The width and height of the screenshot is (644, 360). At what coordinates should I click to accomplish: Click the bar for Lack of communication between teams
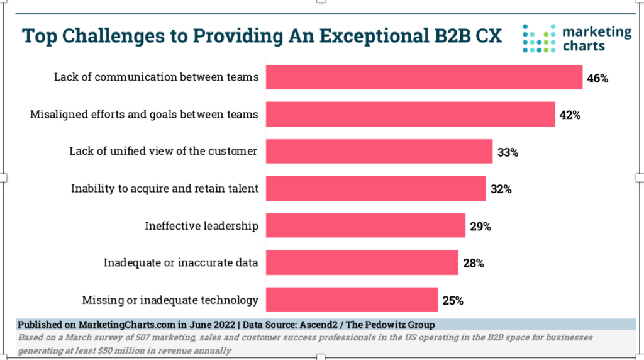(x=424, y=77)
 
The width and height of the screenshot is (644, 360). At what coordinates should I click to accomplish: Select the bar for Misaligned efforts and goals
(x=410, y=114)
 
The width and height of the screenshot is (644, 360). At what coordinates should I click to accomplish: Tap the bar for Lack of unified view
(x=379, y=151)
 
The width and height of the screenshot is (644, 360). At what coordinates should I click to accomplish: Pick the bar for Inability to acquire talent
(x=375, y=188)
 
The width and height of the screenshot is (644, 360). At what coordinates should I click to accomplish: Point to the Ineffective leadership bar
(x=365, y=225)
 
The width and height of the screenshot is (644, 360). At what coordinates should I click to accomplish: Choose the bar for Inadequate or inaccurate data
(x=362, y=262)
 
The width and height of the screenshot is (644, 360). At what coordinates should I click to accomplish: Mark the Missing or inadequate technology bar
(x=352, y=300)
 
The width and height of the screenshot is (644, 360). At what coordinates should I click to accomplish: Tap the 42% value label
(x=569, y=115)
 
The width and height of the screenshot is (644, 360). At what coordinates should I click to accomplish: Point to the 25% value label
(x=452, y=301)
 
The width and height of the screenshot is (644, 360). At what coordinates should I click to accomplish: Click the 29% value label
(x=479, y=227)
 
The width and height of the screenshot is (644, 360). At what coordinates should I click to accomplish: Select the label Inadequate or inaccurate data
(x=180, y=262)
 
